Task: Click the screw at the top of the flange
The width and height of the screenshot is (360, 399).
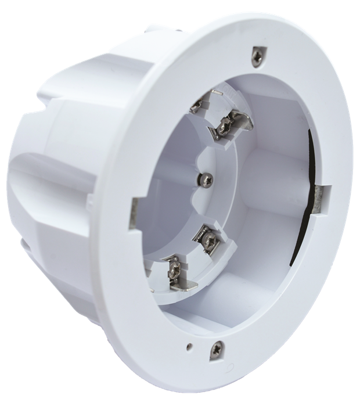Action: pyautogui.click(x=256, y=56)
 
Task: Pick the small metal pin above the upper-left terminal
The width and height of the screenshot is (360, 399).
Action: pyautogui.click(x=217, y=94)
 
